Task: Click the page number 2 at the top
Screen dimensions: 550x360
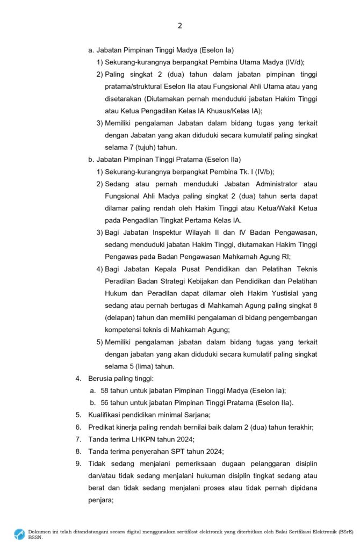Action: point(180,25)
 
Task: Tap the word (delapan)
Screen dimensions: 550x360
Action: point(120,318)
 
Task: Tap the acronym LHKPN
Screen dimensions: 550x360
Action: point(138,439)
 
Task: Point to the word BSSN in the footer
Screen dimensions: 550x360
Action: point(35,537)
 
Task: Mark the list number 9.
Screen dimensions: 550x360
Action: point(77,464)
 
